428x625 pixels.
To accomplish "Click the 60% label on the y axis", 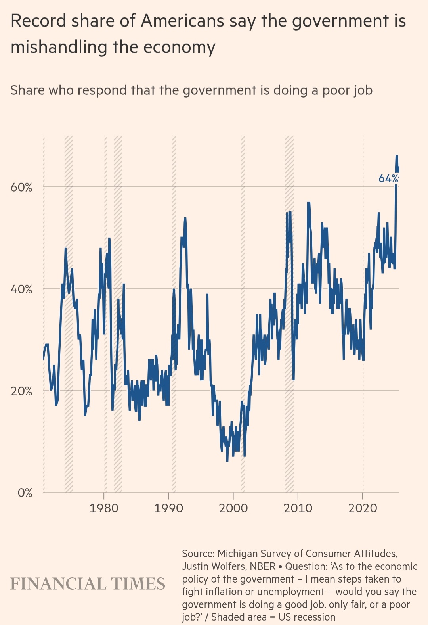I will point(21,187).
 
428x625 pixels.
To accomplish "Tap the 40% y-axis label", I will point(21,289).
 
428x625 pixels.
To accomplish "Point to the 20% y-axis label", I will point(21,391).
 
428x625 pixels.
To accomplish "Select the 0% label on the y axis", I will point(25,493).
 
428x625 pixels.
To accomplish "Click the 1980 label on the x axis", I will point(104,508).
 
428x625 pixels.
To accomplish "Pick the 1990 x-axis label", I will point(168,508).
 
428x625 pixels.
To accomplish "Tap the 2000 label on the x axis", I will point(233,508).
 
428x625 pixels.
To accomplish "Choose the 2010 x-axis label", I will point(298,508).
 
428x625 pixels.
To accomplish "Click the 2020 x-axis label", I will point(363,508).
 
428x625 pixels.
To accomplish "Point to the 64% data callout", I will point(388,178).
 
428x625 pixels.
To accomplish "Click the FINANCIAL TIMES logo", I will point(88,584).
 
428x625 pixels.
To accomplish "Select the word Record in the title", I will point(38,21).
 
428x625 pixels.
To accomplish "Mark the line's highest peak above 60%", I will point(396,156).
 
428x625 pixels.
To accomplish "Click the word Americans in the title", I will point(182,21).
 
